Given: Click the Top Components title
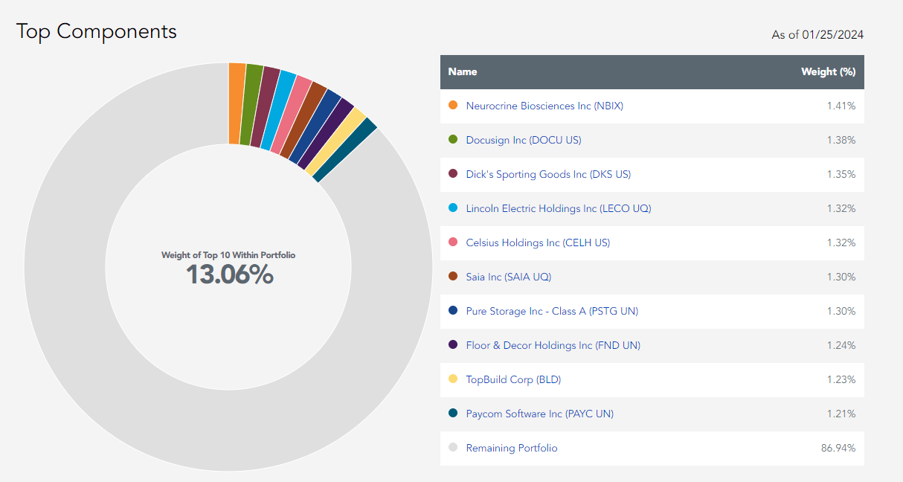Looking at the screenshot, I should coord(97,31).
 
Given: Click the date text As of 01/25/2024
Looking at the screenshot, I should coord(817,35).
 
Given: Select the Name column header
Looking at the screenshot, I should coord(463,72).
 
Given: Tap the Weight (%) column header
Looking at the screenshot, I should coord(828,72).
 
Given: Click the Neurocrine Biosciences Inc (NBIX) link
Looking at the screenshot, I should coord(544,106).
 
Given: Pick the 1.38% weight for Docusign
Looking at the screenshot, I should coord(841,140).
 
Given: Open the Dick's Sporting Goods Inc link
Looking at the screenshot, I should coord(548,174).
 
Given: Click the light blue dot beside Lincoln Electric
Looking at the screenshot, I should coord(453,208).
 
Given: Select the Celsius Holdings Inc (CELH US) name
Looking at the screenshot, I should coord(538,242).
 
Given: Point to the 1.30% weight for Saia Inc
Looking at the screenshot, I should coord(841,277).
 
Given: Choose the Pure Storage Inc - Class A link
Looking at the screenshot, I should coord(552,311).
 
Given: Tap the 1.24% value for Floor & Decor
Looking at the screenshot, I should coord(841,345).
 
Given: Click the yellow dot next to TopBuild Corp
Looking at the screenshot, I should coord(453,379).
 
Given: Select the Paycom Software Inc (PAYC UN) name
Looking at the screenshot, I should coord(539,414).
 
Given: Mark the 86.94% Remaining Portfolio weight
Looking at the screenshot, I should coord(838,448).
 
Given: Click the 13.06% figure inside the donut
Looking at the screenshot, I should coord(229,275).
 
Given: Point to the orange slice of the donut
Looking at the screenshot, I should coord(237,104).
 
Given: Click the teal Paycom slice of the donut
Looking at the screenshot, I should coord(344,150).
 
